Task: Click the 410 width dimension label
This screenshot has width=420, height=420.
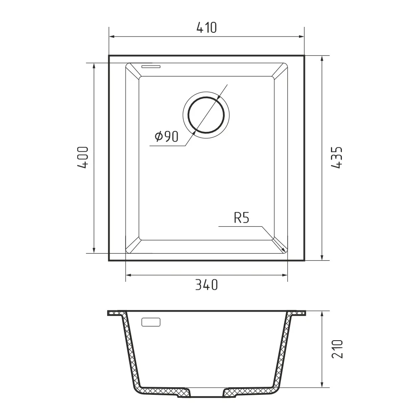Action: [x=206, y=27]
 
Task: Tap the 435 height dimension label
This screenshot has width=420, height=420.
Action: [x=337, y=157]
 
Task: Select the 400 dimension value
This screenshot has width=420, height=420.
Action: [x=82, y=157]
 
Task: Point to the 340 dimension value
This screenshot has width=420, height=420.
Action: [x=206, y=285]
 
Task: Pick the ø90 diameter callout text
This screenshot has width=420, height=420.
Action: [x=166, y=136]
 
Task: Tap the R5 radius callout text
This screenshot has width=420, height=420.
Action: [x=241, y=218]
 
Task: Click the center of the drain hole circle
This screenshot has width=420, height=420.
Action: [x=206, y=115]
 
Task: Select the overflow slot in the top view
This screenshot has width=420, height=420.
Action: [x=151, y=66]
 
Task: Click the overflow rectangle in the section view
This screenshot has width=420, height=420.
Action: [x=151, y=322]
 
